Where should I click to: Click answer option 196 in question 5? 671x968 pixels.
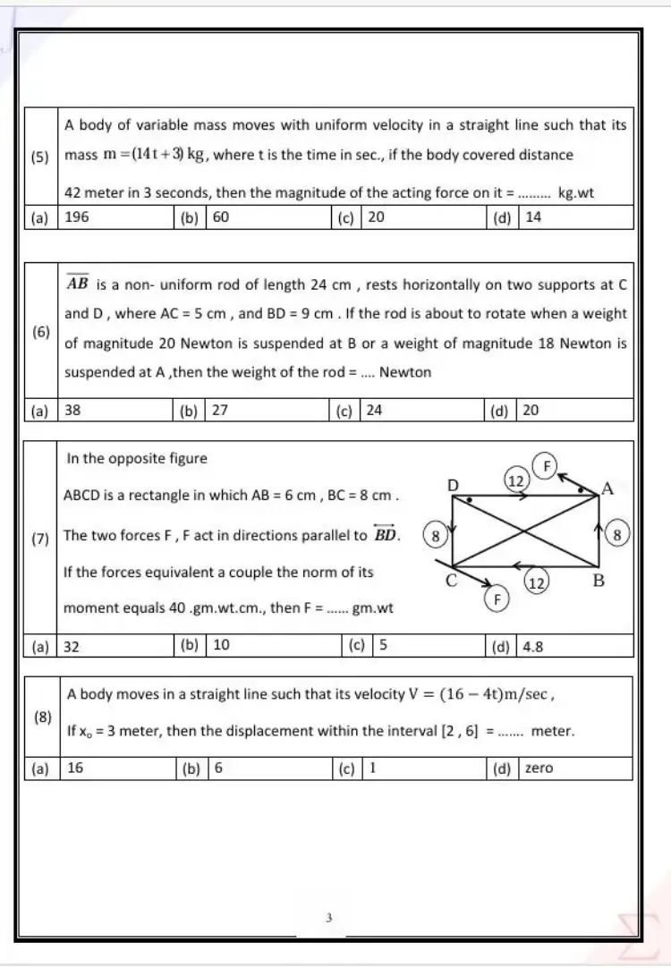(x=77, y=217)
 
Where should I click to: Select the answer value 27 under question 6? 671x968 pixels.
(x=220, y=411)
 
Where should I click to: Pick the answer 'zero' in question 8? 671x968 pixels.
(x=539, y=768)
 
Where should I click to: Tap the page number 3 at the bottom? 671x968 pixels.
(x=329, y=917)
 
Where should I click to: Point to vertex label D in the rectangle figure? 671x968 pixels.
(x=453, y=485)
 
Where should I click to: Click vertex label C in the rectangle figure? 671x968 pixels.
(x=452, y=581)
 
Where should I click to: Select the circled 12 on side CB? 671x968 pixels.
(x=537, y=582)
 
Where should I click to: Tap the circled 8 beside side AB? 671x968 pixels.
(x=618, y=535)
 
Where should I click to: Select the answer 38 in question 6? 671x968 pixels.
(x=73, y=411)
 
